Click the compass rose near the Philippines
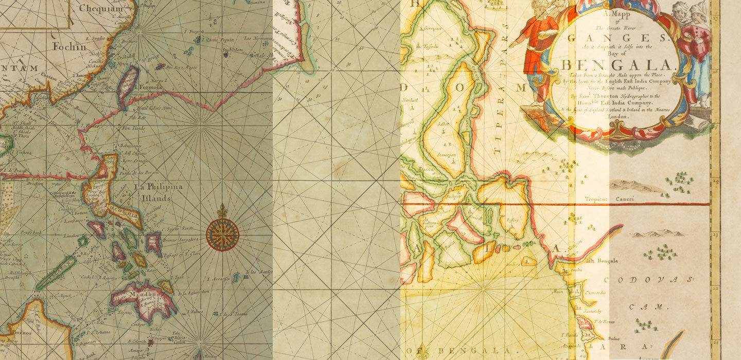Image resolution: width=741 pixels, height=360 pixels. tap(222, 234)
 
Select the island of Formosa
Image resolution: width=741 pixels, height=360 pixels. tap(128, 84)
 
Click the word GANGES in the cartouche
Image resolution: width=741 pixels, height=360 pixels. tap(616, 37)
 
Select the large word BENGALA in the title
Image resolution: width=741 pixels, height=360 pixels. tap(616, 66)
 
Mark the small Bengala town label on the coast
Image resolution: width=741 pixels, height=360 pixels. tap(607, 261)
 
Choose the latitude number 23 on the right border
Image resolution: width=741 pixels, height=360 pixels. tap(716, 233)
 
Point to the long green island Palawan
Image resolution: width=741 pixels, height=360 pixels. tap(57, 273)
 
